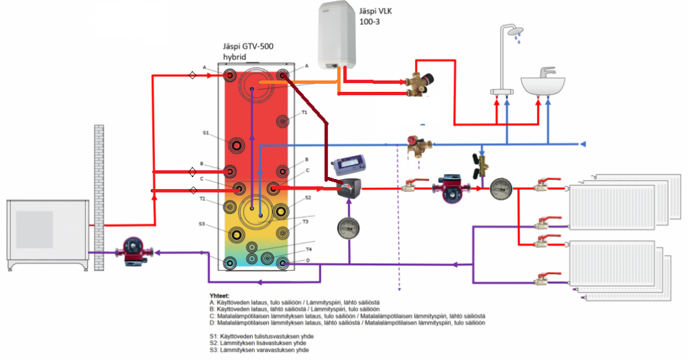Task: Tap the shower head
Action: point(511,32)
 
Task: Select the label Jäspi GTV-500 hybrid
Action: point(248,52)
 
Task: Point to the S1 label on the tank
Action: point(205,133)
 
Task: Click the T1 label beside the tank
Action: point(304,113)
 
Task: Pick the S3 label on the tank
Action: point(202,224)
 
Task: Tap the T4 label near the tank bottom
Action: point(308,249)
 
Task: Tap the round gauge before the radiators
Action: point(501,188)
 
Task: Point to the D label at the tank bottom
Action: point(308,261)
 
